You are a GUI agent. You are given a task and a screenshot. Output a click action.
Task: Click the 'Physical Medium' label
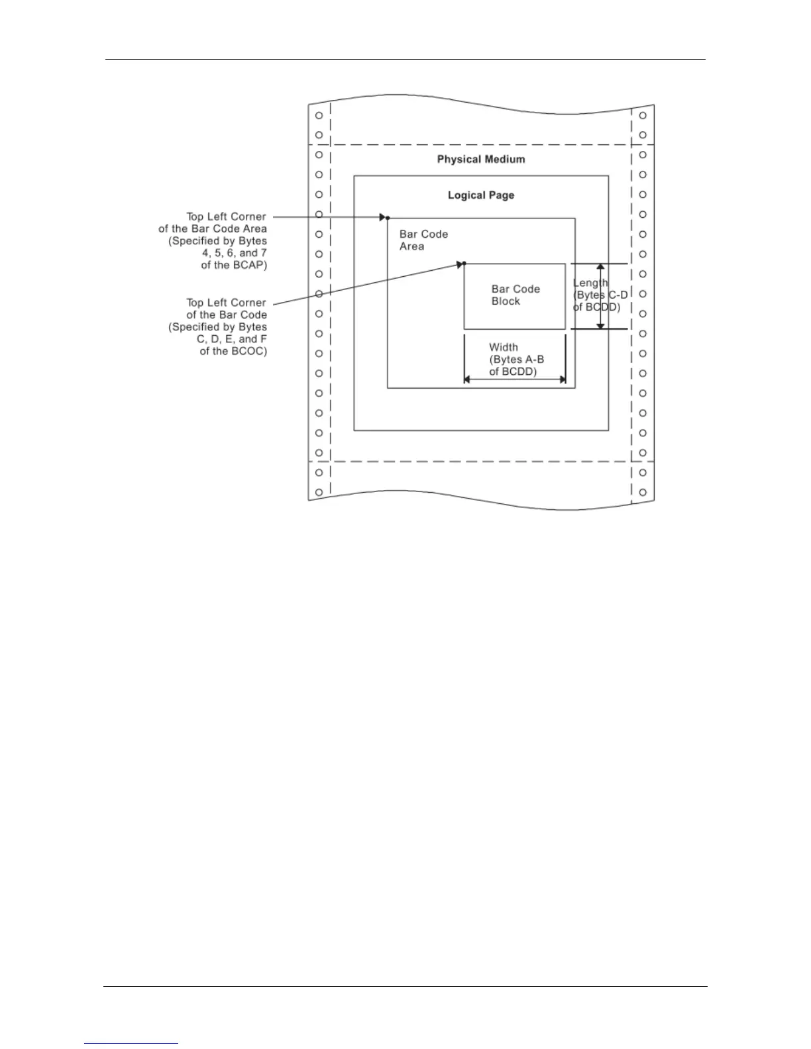pyautogui.click(x=481, y=160)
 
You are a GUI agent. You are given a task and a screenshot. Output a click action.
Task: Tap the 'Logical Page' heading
pyautogui.click(x=481, y=195)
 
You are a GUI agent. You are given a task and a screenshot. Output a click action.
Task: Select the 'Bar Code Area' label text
pyautogui.click(x=423, y=240)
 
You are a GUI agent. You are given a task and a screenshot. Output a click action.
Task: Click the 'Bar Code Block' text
pyautogui.click(x=515, y=295)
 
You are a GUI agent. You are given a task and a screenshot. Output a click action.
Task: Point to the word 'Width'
pyautogui.click(x=504, y=347)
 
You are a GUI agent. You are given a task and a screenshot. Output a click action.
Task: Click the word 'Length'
pyautogui.click(x=590, y=283)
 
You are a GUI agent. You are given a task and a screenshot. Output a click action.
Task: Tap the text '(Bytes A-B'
pyautogui.click(x=517, y=359)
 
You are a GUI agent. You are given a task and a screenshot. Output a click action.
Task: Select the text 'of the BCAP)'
pyautogui.click(x=234, y=265)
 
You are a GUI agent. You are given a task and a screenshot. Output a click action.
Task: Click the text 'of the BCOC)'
pyautogui.click(x=233, y=351)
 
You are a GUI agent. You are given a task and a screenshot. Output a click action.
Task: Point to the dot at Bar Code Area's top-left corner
pyautogui.click(x=388, y=218)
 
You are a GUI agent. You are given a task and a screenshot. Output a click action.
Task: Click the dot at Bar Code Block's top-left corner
pyautogui.click(x=464, y=264)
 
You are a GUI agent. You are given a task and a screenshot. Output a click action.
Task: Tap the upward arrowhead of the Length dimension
pyautogui.click(x=600, y=268)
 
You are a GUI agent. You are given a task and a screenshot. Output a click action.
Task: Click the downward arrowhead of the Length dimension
pyautogui.click(x=600, y=325)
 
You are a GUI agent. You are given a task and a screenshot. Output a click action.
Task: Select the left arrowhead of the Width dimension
pyautogui.click(x=467, y=379)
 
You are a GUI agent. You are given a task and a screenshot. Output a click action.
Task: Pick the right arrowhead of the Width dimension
pyautogui.click(x=563, y=379)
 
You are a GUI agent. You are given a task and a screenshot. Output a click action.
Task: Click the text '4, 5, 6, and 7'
pyautogui.click(x=235, y=253)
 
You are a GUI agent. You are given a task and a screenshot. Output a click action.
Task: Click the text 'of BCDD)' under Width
pyautogui.click(x=513, y=372)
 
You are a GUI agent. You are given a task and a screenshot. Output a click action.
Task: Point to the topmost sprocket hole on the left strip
pyautogui.click(x=319, y=115)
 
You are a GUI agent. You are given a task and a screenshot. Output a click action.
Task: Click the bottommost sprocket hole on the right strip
pyautogui.click(x=643, y=492)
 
